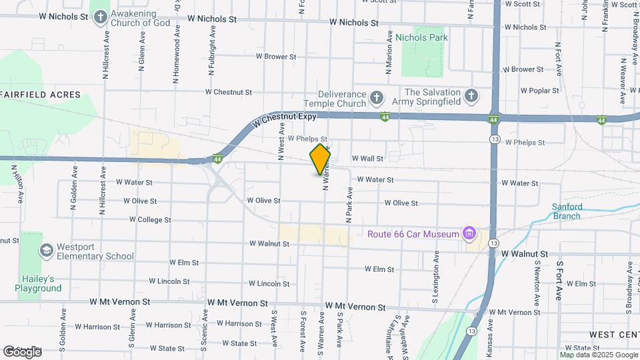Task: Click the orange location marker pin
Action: click(321, 159)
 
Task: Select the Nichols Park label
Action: click(421, 38)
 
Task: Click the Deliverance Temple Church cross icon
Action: click(376, 99)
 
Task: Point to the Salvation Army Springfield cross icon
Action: click(471, 97)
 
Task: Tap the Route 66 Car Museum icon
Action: click(469, 233)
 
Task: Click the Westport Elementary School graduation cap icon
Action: click(46, 251)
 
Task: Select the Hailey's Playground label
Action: click(39, 283)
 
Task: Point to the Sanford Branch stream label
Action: click(567, 211)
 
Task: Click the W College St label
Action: click(150, 219)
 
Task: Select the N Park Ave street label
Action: click(348, 204)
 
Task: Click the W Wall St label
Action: click(367, 159)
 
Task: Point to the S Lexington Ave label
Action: click(436, 271)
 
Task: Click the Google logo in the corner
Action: click(23, 351)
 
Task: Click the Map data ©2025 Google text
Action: click(598, 355)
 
